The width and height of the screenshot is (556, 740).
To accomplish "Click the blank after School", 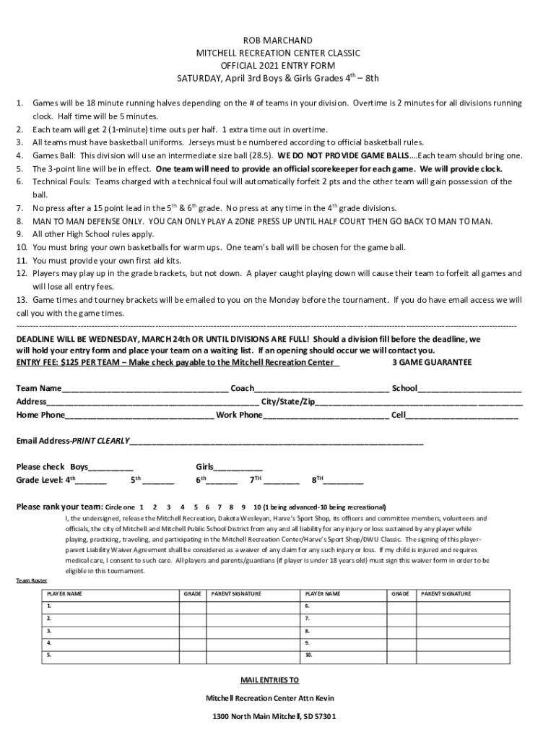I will click(469, 390).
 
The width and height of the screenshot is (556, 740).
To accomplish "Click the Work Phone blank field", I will click(326, 416).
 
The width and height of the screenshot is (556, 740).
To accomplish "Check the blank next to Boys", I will click(111, 468).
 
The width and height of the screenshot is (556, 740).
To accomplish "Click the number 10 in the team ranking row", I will click(258, 507).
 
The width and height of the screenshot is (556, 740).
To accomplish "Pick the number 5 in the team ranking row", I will click(196, 507).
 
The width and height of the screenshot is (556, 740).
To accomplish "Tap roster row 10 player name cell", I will click(344, 655).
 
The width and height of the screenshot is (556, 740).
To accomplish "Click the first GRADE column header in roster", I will click(192, 593).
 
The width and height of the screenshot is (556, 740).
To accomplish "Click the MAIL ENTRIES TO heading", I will click(269, 680).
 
